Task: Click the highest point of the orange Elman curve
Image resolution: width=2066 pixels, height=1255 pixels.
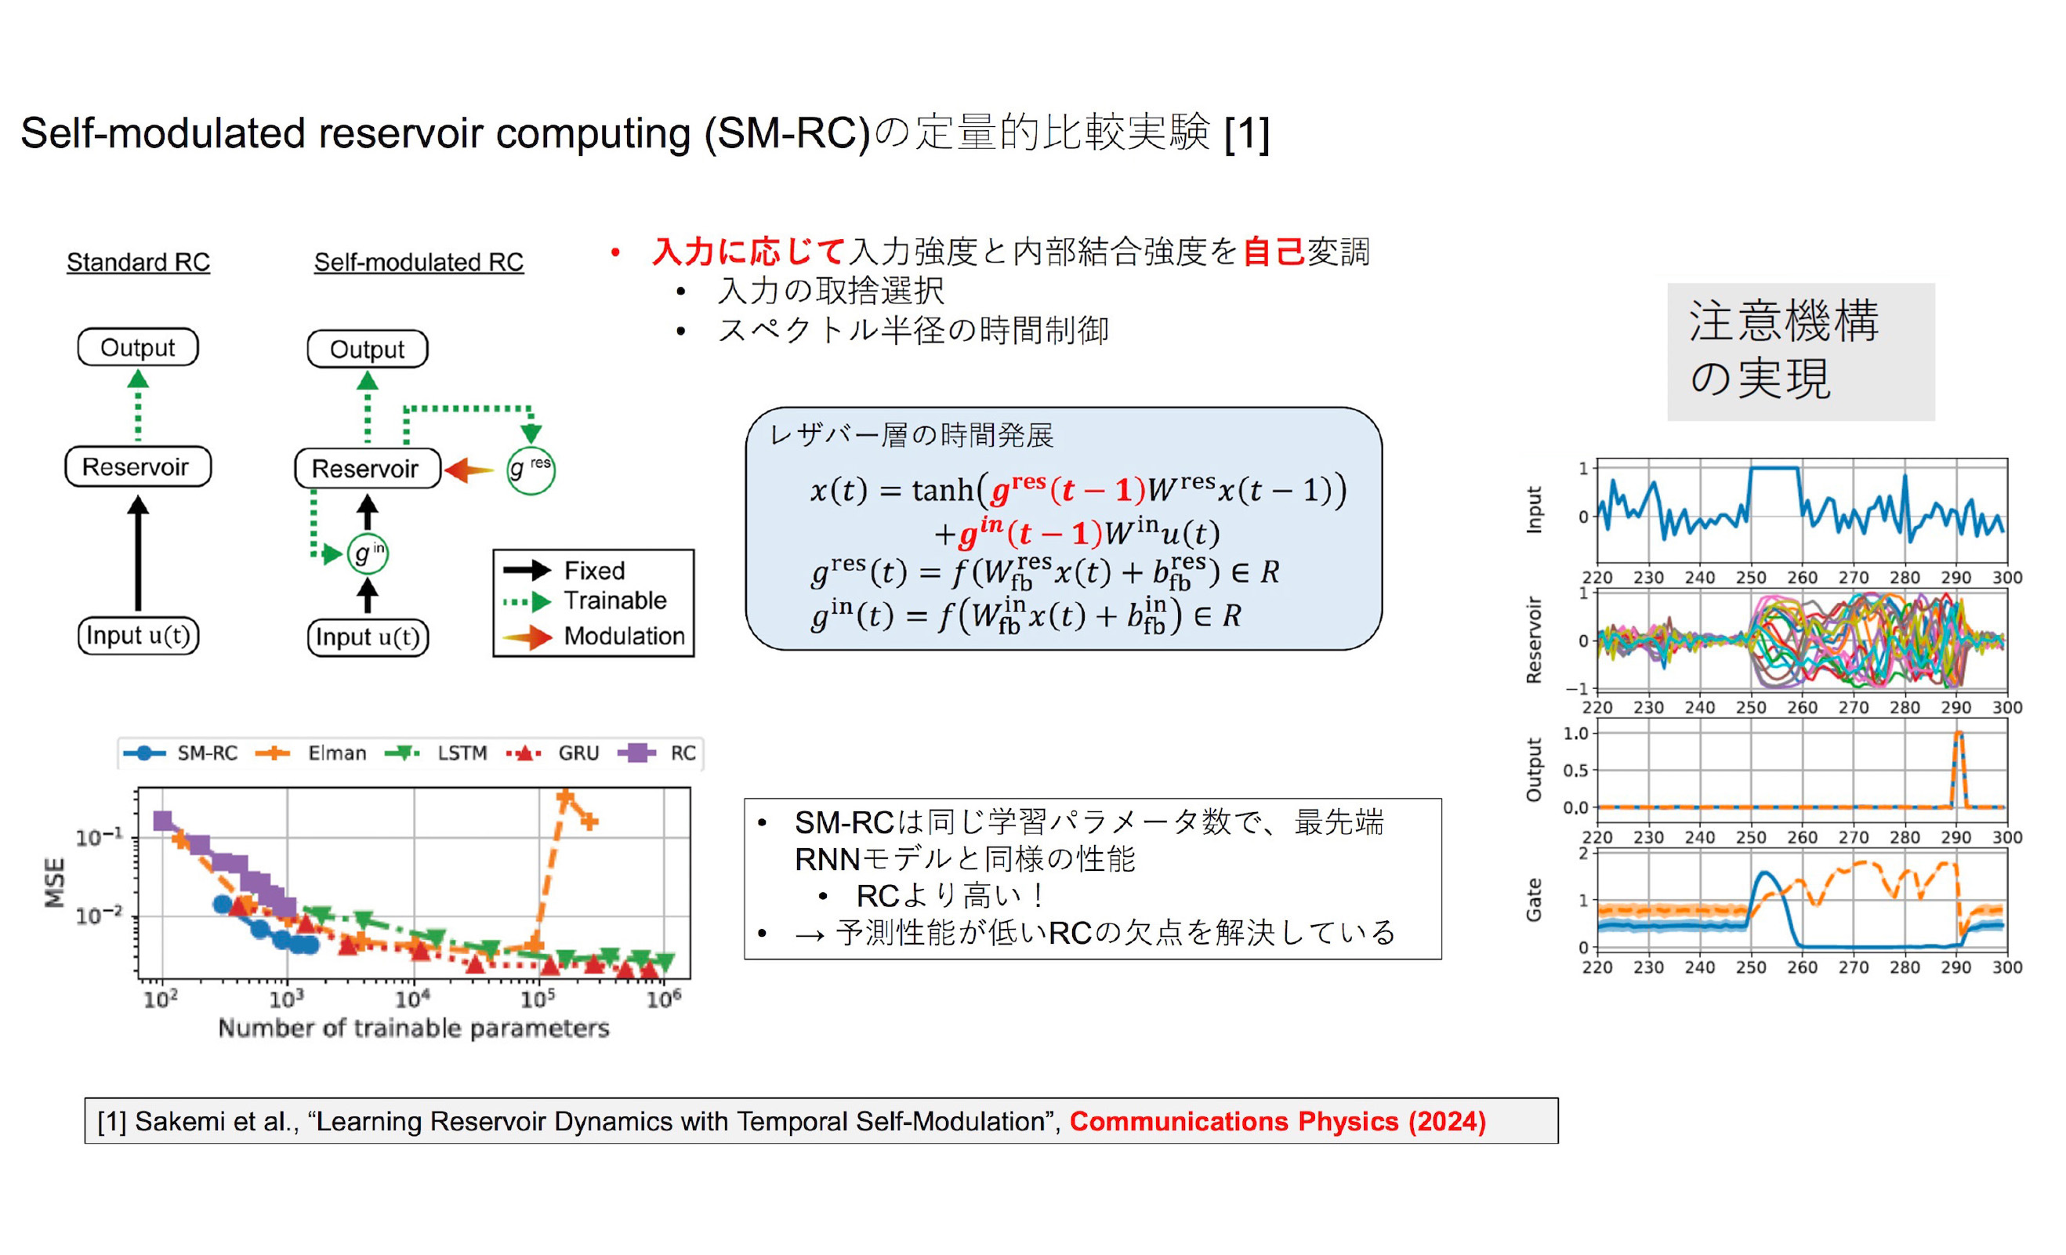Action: point(565,795)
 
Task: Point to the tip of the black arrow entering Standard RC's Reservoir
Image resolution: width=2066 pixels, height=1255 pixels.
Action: point(139,495)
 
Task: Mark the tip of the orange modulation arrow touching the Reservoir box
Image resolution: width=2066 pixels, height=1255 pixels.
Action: point(444,470)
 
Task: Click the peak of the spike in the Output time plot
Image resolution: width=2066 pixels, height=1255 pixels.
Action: point(1959,733)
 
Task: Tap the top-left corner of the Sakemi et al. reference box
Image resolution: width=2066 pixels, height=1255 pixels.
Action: point(85,1098)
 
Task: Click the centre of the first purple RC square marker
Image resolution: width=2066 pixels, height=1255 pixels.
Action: point(163,820)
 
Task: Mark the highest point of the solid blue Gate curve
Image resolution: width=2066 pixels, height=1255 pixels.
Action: point(1766,872)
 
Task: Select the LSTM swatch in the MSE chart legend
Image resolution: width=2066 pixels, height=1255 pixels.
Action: point(403,753)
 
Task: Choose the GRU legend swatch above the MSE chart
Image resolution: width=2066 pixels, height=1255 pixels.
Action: point(524,753)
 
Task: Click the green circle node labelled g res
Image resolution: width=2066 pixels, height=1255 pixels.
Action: point(531,470)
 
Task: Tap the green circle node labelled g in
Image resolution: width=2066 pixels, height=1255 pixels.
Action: point(368,553)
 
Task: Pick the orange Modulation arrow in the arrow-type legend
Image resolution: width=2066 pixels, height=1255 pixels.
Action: point(527,637)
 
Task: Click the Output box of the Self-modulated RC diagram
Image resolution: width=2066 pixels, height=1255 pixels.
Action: point(368,349)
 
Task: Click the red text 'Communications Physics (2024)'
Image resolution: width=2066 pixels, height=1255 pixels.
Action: point(1277,1121)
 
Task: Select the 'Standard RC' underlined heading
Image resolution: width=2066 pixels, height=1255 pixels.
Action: point(139,263)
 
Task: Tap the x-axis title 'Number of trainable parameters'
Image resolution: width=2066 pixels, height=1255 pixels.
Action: point(413,1028)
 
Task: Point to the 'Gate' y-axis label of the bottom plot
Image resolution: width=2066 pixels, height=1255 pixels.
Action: point(1534,901)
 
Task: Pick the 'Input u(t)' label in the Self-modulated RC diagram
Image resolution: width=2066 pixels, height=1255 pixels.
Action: point(368,637)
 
